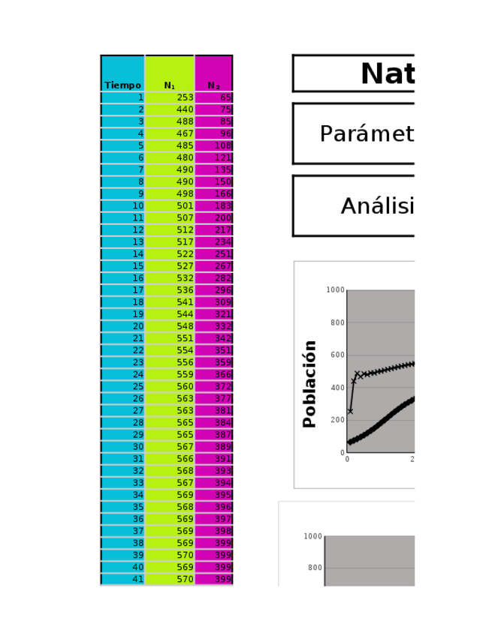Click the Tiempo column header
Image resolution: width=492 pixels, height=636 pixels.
(x=122, y=85)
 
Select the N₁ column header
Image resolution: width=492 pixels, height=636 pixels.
(x=170, y=85)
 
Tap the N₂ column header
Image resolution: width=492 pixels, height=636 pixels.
(x=213, y=85)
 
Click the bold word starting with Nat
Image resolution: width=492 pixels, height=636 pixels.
(x=387, y=74)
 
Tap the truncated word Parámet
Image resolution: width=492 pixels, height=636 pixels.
(x=367, y=134)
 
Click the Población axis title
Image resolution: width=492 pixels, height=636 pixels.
(x=309, y=384)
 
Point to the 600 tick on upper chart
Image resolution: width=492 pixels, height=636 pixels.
(x=335, y=355)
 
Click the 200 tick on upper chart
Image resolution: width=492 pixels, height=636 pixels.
(x=335, y=420)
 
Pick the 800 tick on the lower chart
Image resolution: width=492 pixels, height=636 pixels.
(x=313, y=568)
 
